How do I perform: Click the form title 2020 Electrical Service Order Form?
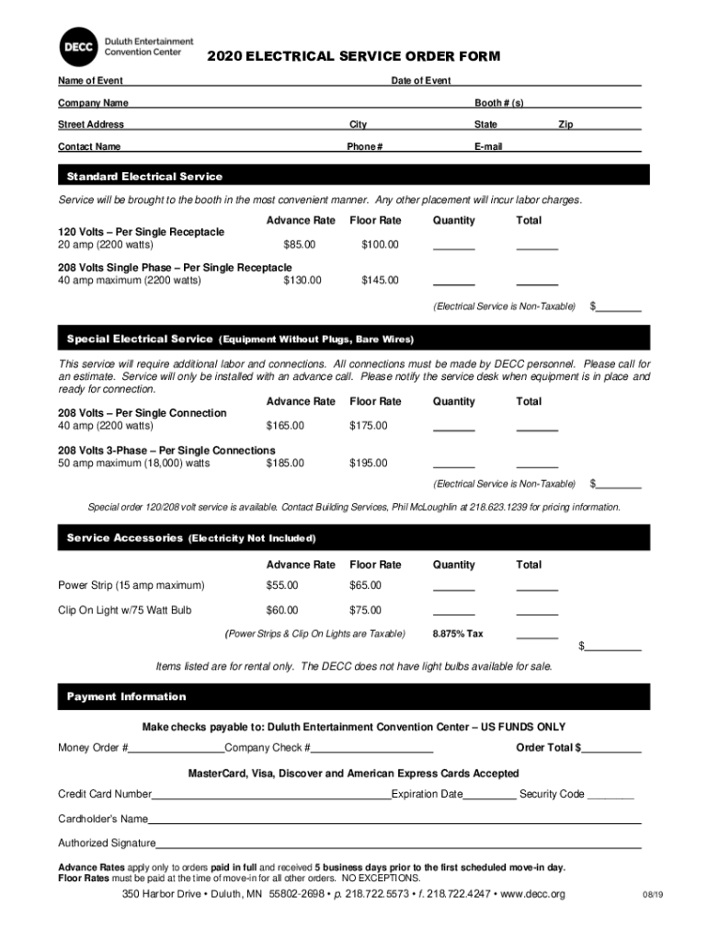[353, 57]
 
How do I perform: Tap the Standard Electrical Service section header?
[144, 176]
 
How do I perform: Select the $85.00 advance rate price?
[299, 245]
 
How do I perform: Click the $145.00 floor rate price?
[380, 280]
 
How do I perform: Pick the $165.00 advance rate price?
[284, 426]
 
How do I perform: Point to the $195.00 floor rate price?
[368, 463]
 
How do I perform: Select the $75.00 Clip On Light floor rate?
[365, 609]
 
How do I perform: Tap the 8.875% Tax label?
[458, 634]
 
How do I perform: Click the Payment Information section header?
[126, 696]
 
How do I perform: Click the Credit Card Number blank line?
[271, 795]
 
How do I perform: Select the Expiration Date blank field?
[489, 795]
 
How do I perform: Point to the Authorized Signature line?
[398, 844]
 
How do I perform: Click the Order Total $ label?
[548, 747]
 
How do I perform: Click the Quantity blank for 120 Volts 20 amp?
[453, 246]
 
